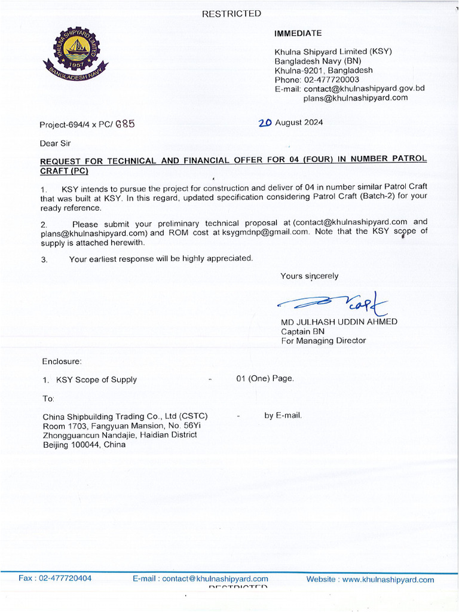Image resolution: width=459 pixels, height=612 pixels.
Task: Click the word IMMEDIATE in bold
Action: pyautogui.click(x=298, y=33)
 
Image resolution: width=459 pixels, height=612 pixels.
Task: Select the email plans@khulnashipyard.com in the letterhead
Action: pyautogui.click(x=355, y=98)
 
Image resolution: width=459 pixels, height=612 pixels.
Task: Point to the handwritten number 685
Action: pyautogui.click(x=125, y=124)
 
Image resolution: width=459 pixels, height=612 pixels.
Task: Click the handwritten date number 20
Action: pyautogui.click(x=265, y=123)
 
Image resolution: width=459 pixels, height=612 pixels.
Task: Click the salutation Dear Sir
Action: pyautogui.click(x=55, y=143)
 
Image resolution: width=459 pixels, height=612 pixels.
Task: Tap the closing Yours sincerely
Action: pyautogui.click(x=309, y=276)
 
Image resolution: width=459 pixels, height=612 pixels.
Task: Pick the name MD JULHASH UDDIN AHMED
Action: pyautogui.click(x=339, y=322)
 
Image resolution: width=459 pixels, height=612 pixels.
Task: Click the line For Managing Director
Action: pyautogui.click(x=323, y=341)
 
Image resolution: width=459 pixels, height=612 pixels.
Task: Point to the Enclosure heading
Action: pyautogui.click(x=62, y=362)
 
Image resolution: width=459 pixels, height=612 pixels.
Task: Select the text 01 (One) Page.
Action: pyautogui.click(x=265, y=379)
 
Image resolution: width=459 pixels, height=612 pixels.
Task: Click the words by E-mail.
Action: pyautogui.click(x=283, y=415)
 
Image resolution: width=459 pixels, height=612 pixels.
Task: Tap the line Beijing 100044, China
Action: pyautogui.click(x=84, y=445)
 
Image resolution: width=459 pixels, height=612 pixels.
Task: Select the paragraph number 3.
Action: pyautogui.click(x=44, y=259)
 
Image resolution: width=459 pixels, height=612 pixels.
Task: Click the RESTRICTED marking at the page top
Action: pyautogui.click(x=231, y=14)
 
